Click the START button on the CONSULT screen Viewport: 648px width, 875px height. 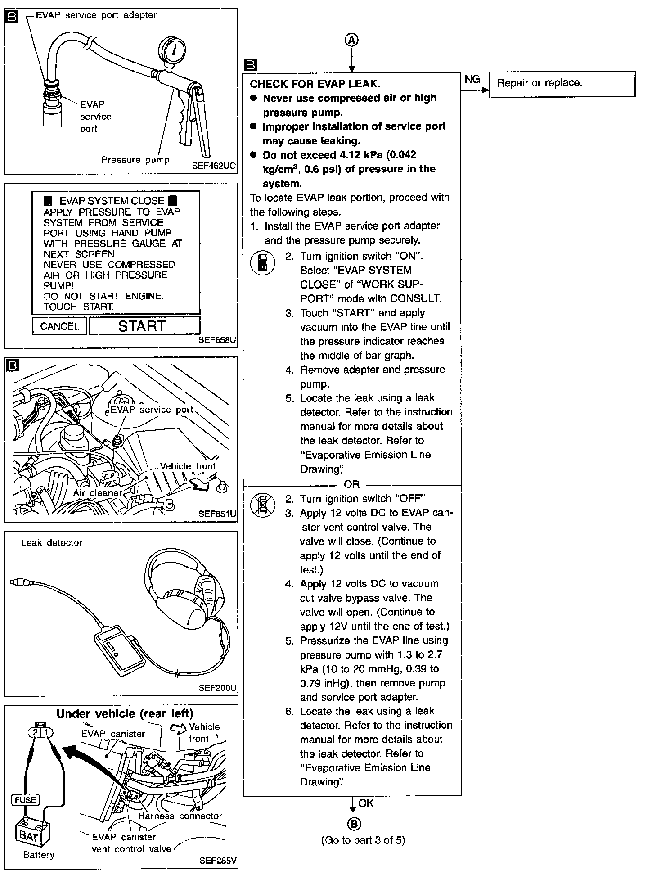click(x=144, y=325)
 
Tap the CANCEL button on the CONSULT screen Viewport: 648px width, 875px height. click(x=59, y=326)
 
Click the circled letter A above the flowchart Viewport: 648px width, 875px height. click(x=351, y=40)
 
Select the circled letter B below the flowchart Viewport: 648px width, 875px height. click(x=354, y=824)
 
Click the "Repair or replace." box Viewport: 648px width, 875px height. click(x=562, y=84)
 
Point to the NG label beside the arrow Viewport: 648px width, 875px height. click(x=472, y=79)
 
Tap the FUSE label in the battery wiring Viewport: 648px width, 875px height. click(x=25, y=799)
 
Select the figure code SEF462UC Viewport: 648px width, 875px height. click(x=213, y=165)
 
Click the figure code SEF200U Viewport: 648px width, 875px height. click(x=217, y=688)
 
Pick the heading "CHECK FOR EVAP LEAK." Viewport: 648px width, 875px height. click(x=315, y=84)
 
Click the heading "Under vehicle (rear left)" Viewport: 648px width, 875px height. click(x=125, y=714)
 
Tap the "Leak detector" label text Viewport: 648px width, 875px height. click(x=52, y=543)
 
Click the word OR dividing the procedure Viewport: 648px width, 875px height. click(x=351, y=484)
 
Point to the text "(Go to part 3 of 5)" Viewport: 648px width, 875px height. click(x=363, y=840)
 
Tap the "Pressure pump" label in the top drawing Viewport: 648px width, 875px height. click(x=135, y=160)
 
